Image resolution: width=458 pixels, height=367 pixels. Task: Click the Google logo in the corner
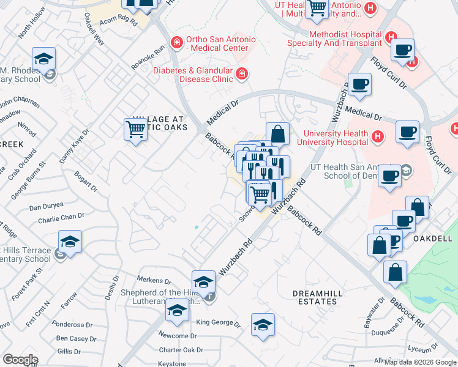click(20, 360)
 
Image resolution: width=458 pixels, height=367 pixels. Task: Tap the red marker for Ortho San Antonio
click(176, 42)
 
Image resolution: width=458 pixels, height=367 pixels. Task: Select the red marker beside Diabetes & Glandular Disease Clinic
click(242, 74)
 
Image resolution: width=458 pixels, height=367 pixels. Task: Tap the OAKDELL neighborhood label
click(432, 239)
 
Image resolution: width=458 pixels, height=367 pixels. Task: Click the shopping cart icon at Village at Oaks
click(135, 129)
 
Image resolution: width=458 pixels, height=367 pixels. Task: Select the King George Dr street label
click(217, 322)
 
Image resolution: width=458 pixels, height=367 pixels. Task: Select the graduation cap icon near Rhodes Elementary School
click(43, 59)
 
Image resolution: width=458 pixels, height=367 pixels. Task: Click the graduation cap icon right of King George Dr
click(263, 325)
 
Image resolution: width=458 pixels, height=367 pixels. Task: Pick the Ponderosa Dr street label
click(77, 324)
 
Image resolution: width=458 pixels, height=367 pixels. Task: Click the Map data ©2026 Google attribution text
click(420, 362)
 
